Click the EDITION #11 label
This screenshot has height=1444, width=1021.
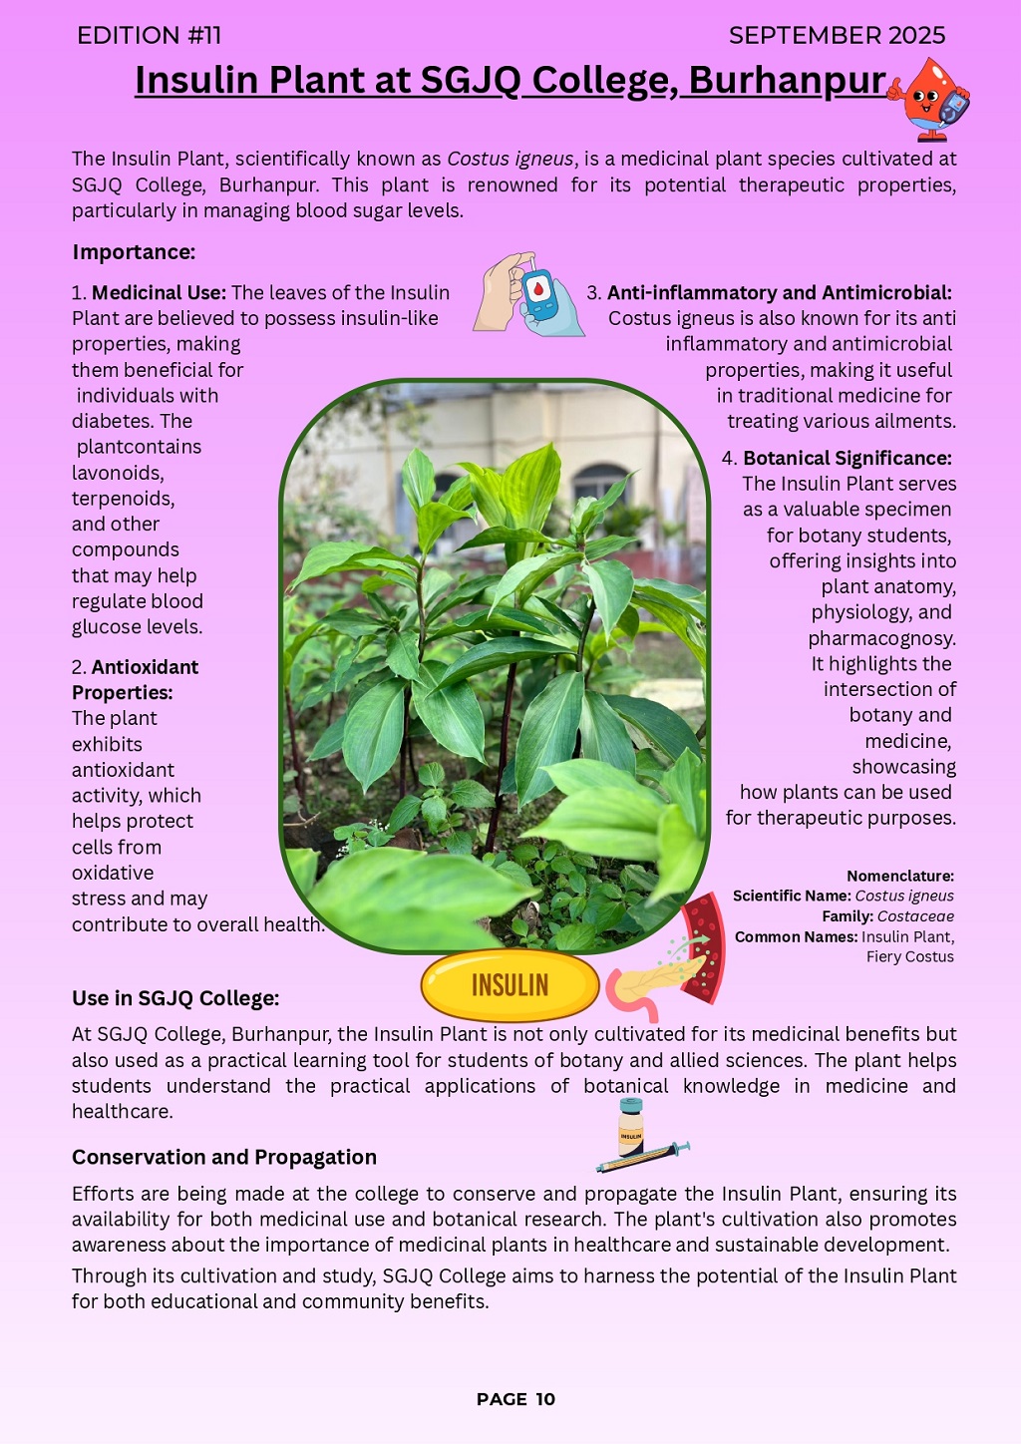[x=150, y=36]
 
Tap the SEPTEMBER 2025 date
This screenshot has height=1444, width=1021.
[x=837, y=36]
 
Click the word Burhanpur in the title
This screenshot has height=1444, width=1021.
[x=787, y=81]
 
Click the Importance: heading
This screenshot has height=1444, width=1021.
[x=134, y=252]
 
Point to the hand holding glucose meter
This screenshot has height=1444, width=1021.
[x=528, y=294]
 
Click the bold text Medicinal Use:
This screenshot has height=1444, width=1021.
[x=159, y=293]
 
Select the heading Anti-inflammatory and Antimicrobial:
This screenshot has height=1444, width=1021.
[x=779, y=293]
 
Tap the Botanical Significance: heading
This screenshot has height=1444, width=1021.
[x=847, y=459]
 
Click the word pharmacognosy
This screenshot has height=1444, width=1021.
[x=881, y=638]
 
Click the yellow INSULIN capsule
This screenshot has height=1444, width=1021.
[x=510, y=985]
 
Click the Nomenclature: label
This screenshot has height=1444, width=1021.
[x=899, y=877]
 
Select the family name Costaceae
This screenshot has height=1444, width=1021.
[x=915, y=916]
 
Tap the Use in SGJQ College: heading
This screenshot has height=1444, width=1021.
[x=175, y=998]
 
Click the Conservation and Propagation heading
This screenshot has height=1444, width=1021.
[x=224, y=1157]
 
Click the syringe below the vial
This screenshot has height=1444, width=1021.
[x=643, y=1158]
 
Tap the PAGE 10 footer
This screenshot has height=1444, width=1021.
[x=515, y=1399]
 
